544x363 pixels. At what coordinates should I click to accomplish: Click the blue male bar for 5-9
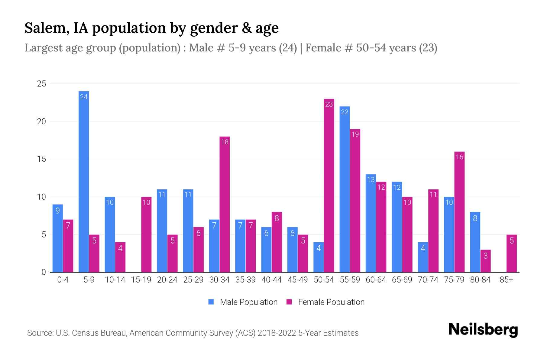(x=84, y=181)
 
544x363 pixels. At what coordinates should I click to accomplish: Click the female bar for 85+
(x=512, y=253)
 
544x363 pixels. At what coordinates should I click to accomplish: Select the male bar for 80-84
(x=475, y=242)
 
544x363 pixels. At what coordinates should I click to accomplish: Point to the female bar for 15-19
(x=146, y=234)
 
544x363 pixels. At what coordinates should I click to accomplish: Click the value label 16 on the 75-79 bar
(x=459, y=157)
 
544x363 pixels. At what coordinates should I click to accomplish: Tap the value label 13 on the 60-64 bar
(x=371, y=179)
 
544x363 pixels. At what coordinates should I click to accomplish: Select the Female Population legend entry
(x=325, y=302)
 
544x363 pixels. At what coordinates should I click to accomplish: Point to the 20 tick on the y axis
(x=41, y=121)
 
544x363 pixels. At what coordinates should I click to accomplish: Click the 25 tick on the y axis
(x=41, y=84)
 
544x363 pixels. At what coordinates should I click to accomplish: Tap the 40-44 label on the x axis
(x=271, y=280)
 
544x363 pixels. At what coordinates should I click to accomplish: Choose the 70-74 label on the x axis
(x=428, y=280)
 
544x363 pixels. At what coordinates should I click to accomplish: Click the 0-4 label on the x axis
(x=63, y=280)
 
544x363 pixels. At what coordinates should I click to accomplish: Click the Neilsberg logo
(x=483, y=329)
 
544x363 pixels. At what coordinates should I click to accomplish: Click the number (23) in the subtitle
(x=428, y=48)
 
